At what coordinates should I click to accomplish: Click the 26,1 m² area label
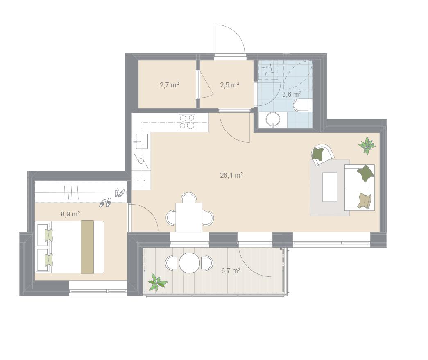[231, 175]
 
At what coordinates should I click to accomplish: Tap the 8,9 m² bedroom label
[70, 214]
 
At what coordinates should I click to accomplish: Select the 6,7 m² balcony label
[231, 271]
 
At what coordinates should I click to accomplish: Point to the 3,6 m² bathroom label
[292, 94]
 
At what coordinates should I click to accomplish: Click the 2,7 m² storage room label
[169, 85]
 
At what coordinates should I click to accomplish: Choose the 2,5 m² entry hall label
[229, 85]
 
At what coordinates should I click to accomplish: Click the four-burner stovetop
[187, 122]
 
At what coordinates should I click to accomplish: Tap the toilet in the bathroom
[301, 105]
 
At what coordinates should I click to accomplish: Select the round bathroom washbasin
[273, 120]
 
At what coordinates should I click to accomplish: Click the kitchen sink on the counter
[141, 141]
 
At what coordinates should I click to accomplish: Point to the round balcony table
[190, 263]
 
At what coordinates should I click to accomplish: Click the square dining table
[189, 218]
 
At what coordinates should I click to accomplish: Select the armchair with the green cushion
[322, 154]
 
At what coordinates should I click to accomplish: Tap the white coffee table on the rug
[330, 187]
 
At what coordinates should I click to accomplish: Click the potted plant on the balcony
[158, 283]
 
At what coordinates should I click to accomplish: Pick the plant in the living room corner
[367, 146]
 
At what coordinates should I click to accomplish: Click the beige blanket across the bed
[87, 247]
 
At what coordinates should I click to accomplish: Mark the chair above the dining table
[189, 197]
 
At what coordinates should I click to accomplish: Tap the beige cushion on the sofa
[365, 201]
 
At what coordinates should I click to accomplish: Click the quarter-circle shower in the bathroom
[297, 75]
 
